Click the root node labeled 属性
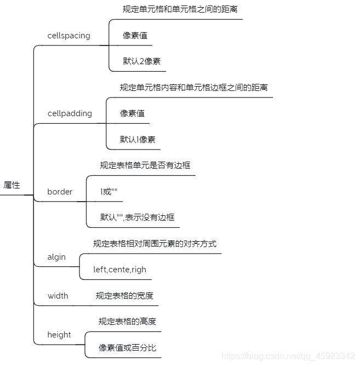pyautogui.click(x=12, y=185)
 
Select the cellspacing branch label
pyautogui.click(x=68, y=36)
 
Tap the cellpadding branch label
pyautogui.click(x=70, y=113)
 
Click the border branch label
pyautogui.click(x=60, y=192)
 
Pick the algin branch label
pyautogui.click(x=56, y=257)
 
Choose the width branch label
pyautogui.click(x=58, y=296)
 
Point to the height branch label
pyautogui.click(x=59, y=335)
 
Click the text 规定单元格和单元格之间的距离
pyautogui.click(x=180, y=9)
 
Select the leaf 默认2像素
pyautogui.click(x=141, y=61)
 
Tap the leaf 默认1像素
pyautogui.click(x=138, y=139)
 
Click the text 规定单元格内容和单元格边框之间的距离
pyautogui.click(x=193, y=88)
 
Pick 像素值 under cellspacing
pyautogui.click(x=135, y=36)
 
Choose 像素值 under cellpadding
pyautogui.click(x=132, y=113)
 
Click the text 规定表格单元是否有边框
pyautogui.click(x=145, y=165)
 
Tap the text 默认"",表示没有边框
pyautogui.click(x=137, y=218)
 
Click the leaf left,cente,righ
pyautogui.click(x=119, y=270)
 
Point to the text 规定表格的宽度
pyautogui.click(x=124, y=296)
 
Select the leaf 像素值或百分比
pyautogui.click(x=127, y=347)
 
